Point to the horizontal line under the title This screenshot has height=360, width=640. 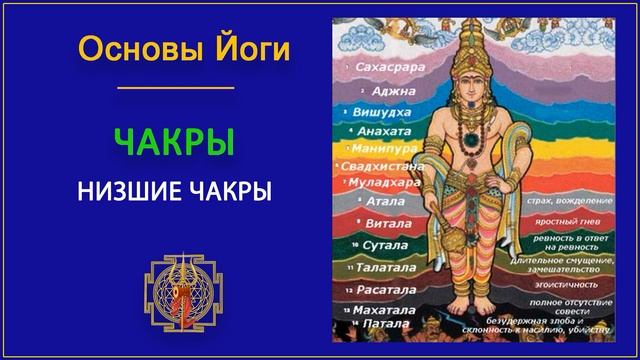tap(175, 87)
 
